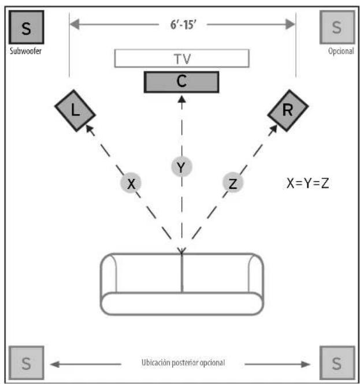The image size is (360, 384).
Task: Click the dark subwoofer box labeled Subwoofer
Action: (x=26, y=27)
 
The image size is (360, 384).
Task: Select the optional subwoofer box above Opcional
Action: (x=336, y=27)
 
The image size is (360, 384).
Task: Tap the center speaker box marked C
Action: (x=181, y=82)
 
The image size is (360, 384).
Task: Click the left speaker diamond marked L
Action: (x=75, y=110)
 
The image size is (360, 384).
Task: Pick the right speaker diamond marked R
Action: (x=288, y=110)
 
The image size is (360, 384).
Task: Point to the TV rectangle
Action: (x=181, y=58)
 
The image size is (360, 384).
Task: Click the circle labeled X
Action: (x=131, y=184)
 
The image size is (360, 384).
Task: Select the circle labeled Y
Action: (x=181, y=167)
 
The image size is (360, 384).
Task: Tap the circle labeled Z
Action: (x=233, y=184)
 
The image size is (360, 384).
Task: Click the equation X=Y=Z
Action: (x=308, y=184)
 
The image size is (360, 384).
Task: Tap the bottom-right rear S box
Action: (x=336, y=364)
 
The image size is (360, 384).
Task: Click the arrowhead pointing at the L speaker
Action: (x=90, y=130)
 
